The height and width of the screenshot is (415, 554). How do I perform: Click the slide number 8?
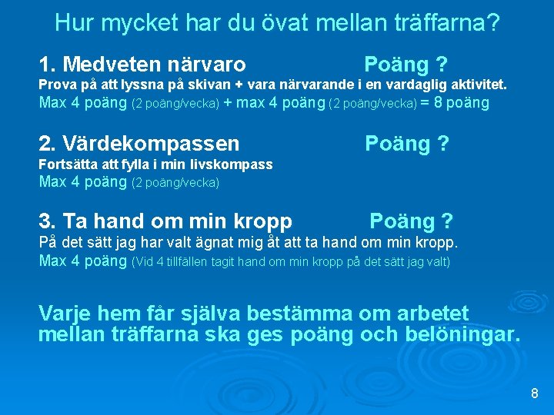point(535,393)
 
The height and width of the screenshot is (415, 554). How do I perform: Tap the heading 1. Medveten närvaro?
point(142,64)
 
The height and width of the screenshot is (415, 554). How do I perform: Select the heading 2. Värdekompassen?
point(138,143)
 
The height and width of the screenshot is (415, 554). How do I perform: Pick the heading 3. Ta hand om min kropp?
point(165,221)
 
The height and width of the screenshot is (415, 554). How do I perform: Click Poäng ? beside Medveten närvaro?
point(405,64)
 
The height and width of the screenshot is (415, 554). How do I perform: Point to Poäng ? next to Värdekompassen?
point(406,143)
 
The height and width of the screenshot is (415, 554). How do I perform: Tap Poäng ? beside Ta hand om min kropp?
point(411,221)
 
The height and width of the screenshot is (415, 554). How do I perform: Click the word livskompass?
point(235,164)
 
